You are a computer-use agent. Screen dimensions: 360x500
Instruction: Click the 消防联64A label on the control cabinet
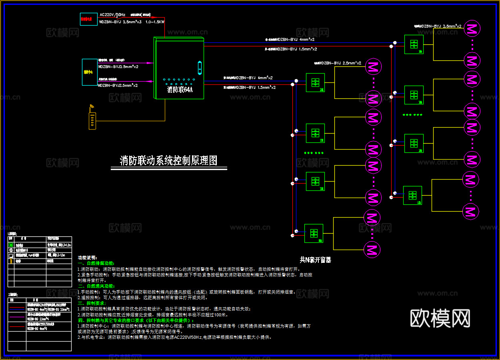[x=180, y=90]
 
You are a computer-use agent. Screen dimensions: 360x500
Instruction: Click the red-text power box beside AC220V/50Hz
[x=88, y=19]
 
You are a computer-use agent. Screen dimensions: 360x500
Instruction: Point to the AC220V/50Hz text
[x=112, y=15]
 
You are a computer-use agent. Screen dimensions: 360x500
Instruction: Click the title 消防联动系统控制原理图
[x=168, y=161]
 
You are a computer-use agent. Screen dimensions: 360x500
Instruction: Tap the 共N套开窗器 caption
[x=316, y=260]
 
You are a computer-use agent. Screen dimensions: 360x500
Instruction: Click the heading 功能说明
[x=87, y=258]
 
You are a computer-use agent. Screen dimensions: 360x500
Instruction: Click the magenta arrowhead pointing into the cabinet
[x=150, y=63]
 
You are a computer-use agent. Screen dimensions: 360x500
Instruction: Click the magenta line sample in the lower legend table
[x=17, y=317]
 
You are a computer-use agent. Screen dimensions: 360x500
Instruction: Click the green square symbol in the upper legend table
[x=11, y=244]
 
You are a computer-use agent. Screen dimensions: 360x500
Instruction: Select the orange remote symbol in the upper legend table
[x=11, y=261]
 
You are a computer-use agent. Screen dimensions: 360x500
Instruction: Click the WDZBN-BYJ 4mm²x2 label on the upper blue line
[x=296, y=40]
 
